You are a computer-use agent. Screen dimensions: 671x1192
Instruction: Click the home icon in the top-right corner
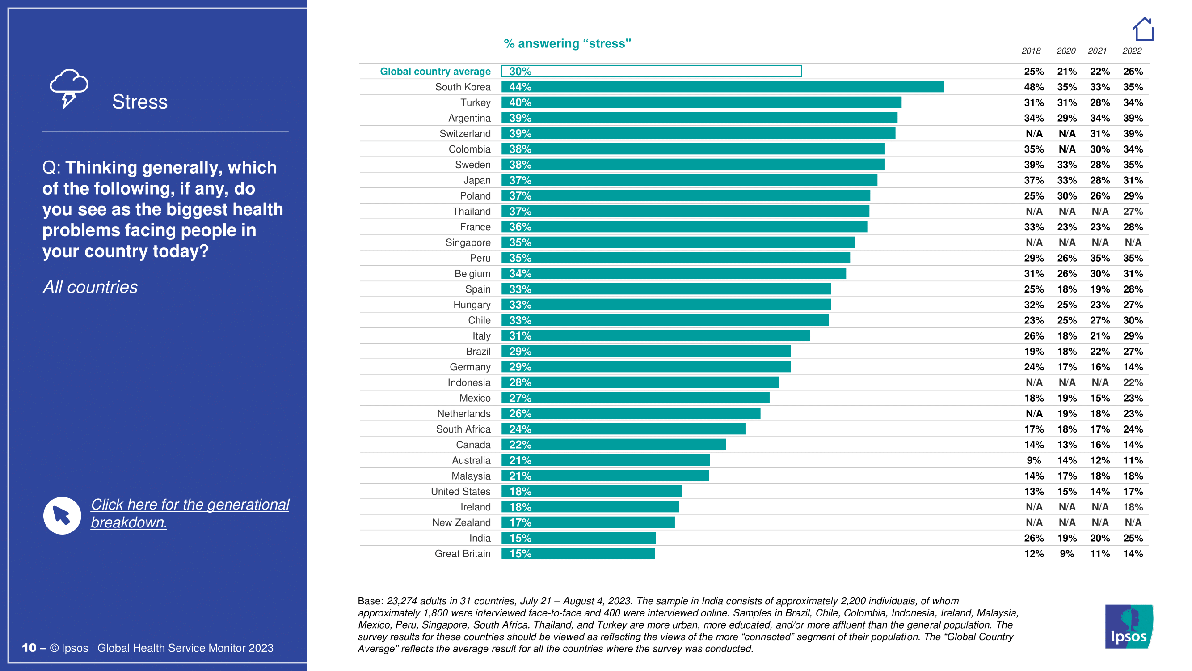pyautogui.click(x=1142, y=30)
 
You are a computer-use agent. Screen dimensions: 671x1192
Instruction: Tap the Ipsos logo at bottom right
pyautogui.click(x=1129, y=626)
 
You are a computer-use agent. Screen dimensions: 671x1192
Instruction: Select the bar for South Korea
pyautogui.click(x=722, y=87)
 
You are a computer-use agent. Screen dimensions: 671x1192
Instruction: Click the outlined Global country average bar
pyautogui.click(x=651, y=71)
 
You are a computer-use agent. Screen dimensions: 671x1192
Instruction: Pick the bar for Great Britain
pyautogui.click(x=578, y=553)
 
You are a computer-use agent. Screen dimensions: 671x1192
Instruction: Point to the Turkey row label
pyautogui.click(x=475, y=102)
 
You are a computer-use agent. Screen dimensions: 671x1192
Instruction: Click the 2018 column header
pyautogui.click(x=1031, y=51)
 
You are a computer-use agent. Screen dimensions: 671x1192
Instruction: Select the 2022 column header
pyautogui.click(x=1132, y=51)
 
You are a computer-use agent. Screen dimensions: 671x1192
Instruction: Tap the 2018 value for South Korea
pyautogui.click(x=1033, y=87)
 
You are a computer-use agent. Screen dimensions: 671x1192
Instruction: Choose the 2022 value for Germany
pyautogui.click(x=1132, y=367)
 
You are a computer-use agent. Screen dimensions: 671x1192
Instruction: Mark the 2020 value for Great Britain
pyautogui.click(x=1066, y=554)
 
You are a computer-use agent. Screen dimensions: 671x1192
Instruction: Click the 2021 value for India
pyautogui.click(x=1099, y=538)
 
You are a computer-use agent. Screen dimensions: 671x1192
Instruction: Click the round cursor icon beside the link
pyautogui.click(x=62, y=515)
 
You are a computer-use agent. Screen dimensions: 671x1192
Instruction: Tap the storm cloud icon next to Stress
pyautogui.click(x=69, y=89)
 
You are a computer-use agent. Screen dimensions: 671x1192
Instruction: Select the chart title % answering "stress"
pyautogui.click(x=567, y=43)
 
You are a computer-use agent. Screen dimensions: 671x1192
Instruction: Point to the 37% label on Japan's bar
pyautogui.click(x=520, y=180)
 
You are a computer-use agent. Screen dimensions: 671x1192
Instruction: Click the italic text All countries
pyautogui.click(x=90, y=287)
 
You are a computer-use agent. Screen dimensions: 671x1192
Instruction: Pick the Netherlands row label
pyautogui.click(x=463, y=413)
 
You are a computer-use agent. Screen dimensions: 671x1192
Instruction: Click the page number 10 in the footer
pyautogui.click(x=29, y=648)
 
